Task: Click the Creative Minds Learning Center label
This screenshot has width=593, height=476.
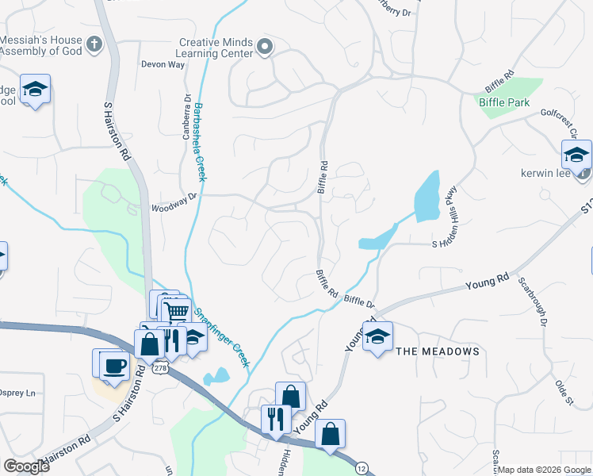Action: [x=216, y=48]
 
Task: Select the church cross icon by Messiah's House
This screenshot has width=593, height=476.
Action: [x=94, y=44]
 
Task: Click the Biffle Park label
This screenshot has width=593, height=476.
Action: [x=504, y=102]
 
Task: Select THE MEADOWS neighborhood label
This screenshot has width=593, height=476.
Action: [x=438, y=351]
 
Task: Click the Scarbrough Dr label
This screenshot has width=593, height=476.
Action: [x=533, y=301]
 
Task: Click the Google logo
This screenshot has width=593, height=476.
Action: [x=27, y=466]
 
